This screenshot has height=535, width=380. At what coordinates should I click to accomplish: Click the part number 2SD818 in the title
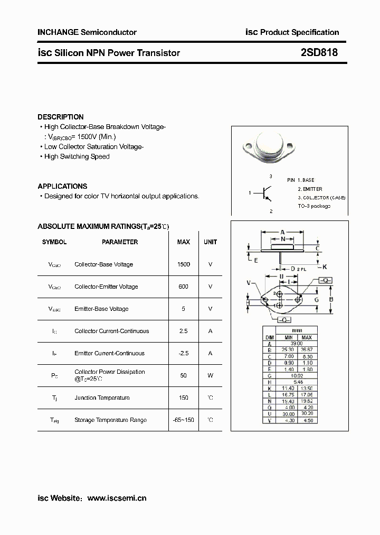(319, 53)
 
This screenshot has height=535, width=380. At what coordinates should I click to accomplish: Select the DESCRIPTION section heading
(61, 117)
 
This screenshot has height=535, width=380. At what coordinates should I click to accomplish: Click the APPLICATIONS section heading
(62, 186)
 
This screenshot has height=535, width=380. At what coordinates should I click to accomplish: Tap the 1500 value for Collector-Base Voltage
(184, 264)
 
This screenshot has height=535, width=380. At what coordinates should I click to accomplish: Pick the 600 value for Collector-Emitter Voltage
(184, 287)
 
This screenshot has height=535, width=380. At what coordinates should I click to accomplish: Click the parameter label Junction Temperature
(102, 398)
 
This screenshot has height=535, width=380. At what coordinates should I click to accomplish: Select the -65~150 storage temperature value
(184, 420)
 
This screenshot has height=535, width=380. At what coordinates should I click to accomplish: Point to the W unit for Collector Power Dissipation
(210, 375)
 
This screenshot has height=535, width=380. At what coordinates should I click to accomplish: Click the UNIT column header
(210, 242)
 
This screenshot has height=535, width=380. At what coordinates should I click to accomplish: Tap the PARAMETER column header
(120, 242)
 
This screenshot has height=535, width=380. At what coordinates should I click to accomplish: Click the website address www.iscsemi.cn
(117, 498)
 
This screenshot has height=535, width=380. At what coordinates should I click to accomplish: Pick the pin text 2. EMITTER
(310, 189)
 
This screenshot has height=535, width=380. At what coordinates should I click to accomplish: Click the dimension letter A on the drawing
(282, 232)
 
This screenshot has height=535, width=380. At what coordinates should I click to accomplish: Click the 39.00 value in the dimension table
(297, 344)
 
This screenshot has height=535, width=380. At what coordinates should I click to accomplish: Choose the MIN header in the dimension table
(288, 337)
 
